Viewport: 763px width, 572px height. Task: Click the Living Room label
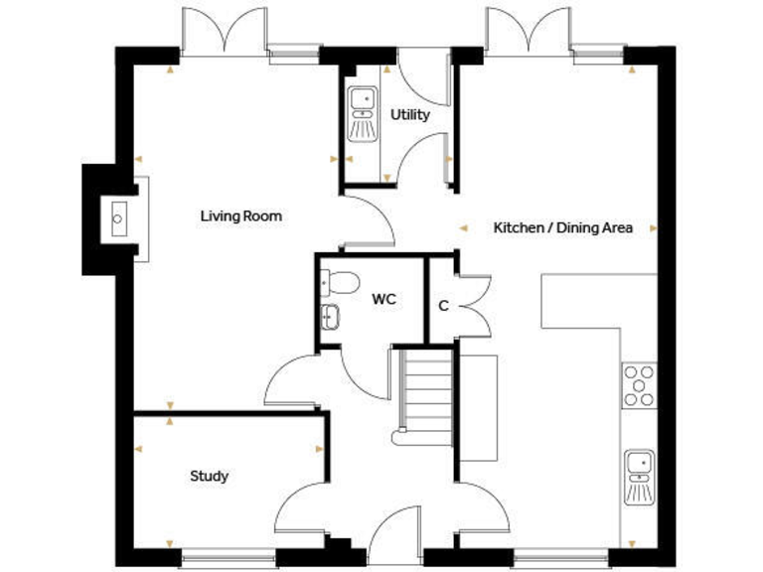[241, 215]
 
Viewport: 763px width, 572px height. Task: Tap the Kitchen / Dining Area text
[563, 227]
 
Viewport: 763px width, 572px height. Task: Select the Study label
[209, 476]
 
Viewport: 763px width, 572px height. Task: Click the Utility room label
[409, 114]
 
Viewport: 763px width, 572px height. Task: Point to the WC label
[384, 299]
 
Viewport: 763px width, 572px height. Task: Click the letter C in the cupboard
[443, 306]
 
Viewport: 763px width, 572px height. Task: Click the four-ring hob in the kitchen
[639, 385]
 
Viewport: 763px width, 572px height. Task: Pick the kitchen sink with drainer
[639, 477]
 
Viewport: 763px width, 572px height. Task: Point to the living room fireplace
[118, 218]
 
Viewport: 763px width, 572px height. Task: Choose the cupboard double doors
[473, 304]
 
